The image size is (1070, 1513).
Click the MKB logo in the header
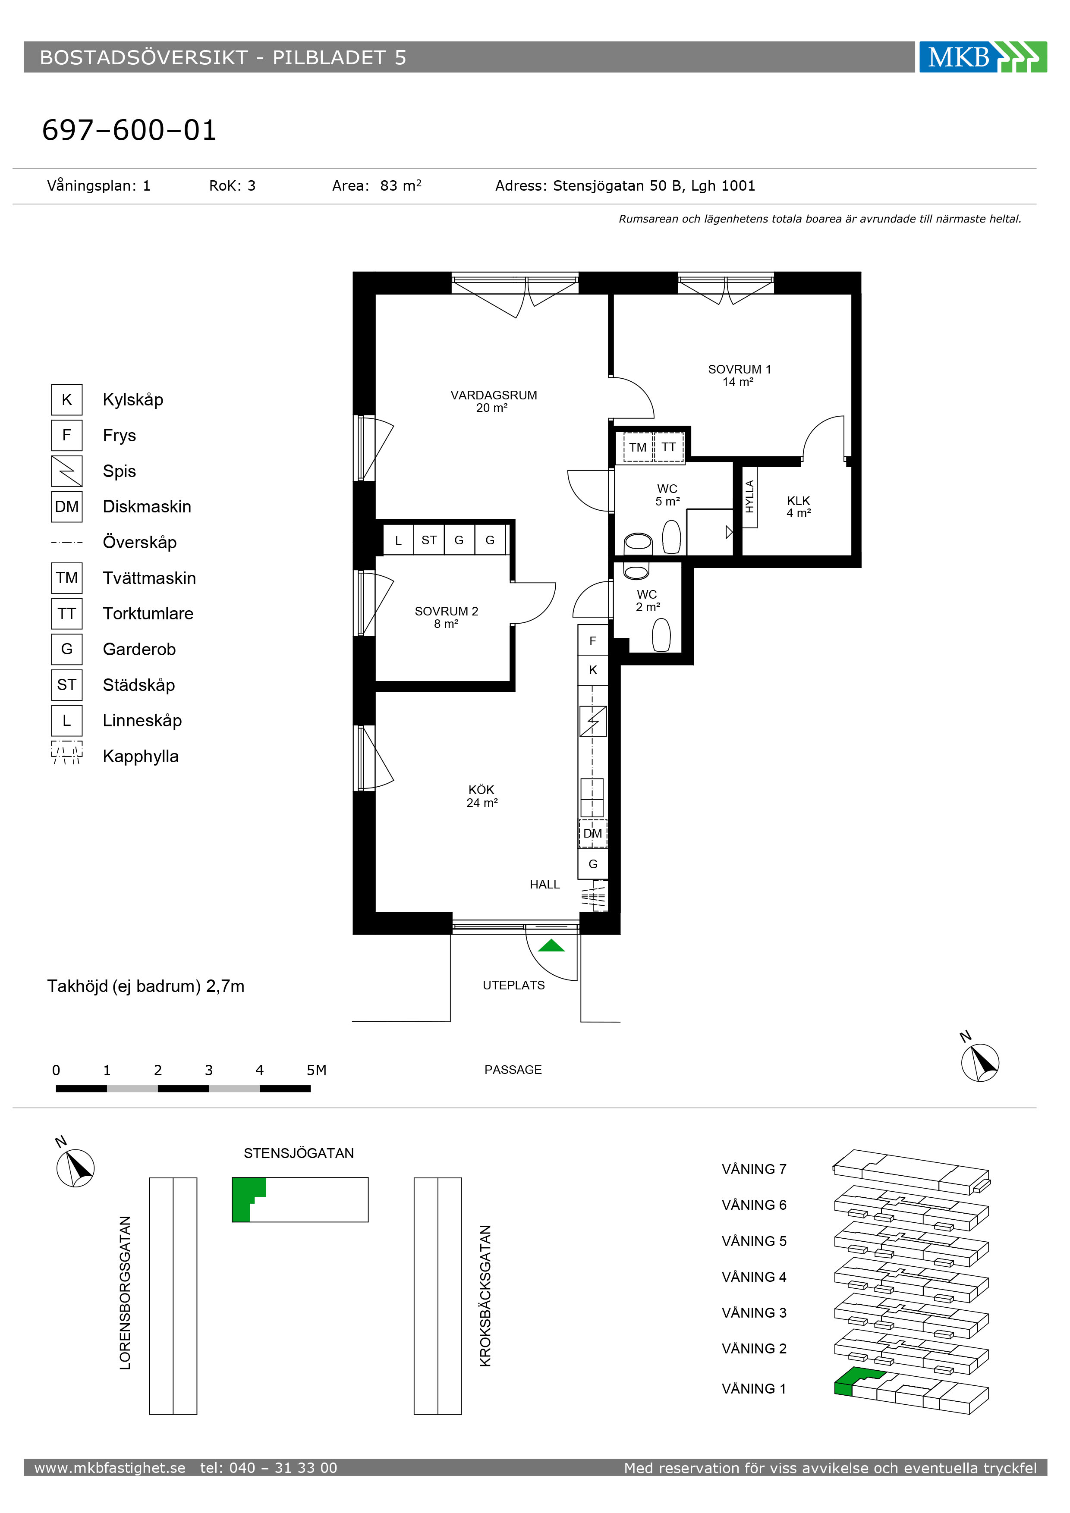coord(982,57)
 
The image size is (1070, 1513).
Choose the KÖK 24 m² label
coord(482,796)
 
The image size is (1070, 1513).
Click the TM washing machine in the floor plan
coord(638,447)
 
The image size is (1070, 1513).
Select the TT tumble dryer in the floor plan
coord(668,447)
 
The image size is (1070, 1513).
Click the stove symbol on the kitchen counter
coord(593,721)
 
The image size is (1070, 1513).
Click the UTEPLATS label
coord(513,985)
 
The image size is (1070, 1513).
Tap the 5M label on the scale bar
coord(316,1070)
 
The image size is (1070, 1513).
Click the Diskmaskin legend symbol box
coord(66,507)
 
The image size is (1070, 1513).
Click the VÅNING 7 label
coord(754,1169)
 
